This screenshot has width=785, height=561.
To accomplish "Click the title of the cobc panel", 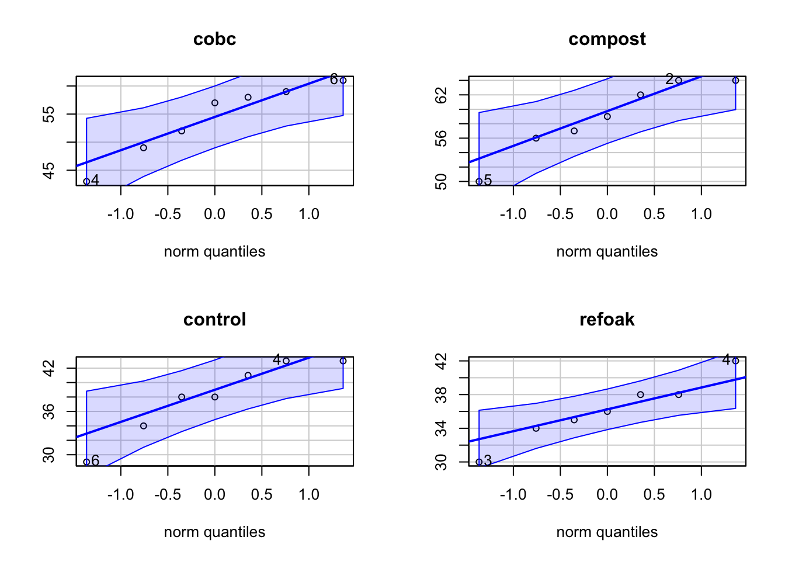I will [214, 39].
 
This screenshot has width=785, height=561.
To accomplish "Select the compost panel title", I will [607, 39].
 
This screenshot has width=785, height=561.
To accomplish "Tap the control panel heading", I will [214, 320].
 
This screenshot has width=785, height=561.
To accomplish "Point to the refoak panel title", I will [607, 320].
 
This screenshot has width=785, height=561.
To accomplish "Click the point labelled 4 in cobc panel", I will [86, 181].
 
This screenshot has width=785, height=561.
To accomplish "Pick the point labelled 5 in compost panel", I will [479, 181].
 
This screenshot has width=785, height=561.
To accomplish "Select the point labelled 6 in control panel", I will [86, 462].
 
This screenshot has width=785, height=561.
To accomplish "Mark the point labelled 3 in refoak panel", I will [479, 462].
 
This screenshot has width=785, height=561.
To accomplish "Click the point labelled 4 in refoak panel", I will [735, 361].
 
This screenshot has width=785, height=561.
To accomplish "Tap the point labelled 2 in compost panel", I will [679, 81].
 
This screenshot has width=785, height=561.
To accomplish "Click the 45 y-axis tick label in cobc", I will [49, 170].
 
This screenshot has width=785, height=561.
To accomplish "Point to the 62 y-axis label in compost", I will [442, 95].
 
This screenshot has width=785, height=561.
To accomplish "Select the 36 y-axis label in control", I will [49, 411].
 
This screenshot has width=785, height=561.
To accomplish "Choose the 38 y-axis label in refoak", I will [442, 395].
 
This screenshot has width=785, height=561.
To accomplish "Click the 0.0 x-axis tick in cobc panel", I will [214, 214].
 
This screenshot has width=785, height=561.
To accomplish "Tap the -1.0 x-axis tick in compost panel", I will [513, 214].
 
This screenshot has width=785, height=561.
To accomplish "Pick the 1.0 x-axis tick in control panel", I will [308, 495].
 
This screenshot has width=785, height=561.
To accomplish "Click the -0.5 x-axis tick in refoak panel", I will [560, 495].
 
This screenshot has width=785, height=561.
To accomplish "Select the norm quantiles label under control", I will [214, 532].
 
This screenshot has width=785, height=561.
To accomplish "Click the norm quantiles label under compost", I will [607, 252].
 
